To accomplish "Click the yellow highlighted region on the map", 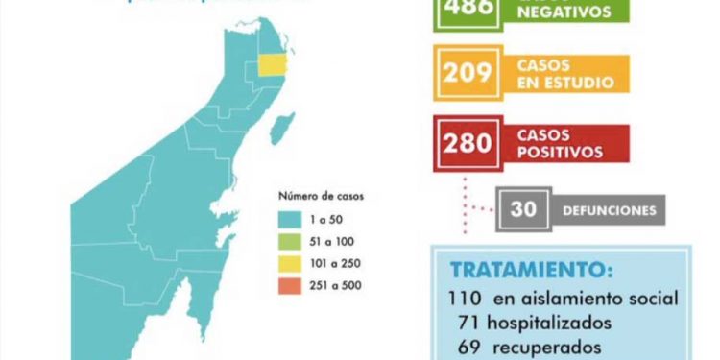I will click(275, 64).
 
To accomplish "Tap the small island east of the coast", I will click(283, 127).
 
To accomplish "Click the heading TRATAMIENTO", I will click(531, 270).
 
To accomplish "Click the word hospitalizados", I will click(556, 323).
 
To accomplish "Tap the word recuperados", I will click(549, 346).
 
